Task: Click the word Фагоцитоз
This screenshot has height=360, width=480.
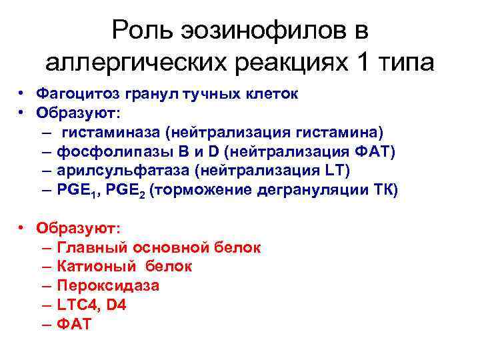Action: click(74, 94)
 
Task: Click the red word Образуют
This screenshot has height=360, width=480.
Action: click(79, 228)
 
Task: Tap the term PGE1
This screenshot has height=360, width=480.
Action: click(77, 191)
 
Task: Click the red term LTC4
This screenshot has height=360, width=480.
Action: click(76, 305)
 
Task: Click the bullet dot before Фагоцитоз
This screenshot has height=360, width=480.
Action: click(22, 94)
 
